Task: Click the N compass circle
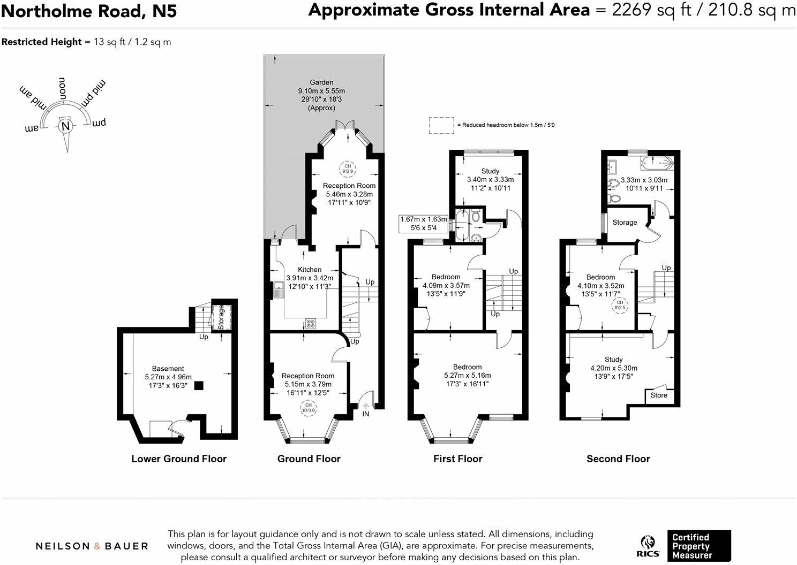click(65, 126)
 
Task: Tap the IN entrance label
click(366, 414)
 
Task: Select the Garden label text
click(321, 82)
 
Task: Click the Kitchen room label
click(310, 270)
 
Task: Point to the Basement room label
click(168, 369)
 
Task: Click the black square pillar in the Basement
click(199, 386)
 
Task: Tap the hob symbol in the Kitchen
click(310, 324)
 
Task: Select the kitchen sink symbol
click(278, 289)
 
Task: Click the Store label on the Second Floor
click(659, 395)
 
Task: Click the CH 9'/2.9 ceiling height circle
click(348, 169)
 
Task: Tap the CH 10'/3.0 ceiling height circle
click(309, 408)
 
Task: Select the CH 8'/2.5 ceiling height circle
click(620, 305)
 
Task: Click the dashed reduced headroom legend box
click(441, 125)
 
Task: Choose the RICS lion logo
click(648, 546)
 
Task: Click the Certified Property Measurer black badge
click(699, 546)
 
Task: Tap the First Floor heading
click(458, 459)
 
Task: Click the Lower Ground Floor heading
click(179, 459)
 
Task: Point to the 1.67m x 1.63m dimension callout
click(423, 224)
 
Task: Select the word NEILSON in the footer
click(63, 546)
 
